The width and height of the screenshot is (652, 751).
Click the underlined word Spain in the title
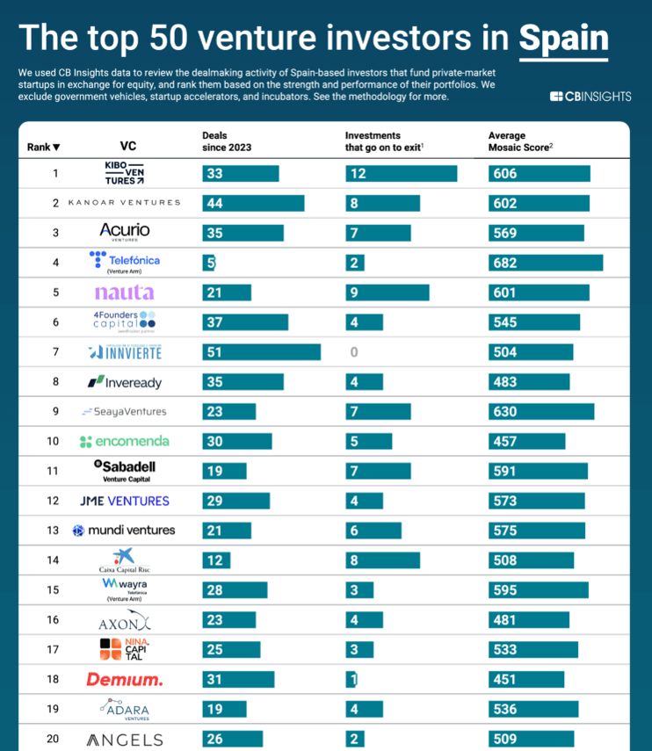click(563, 38)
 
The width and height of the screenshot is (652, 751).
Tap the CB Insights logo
click(590, 96)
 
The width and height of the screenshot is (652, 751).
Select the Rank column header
click(44, 147)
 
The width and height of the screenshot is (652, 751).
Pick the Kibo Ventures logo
click(124, 173)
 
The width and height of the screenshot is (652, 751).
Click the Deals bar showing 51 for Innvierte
click(261, 352)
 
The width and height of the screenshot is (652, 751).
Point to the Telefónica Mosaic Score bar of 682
click(546, 263)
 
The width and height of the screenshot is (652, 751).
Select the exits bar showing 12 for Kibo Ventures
click(402, 173)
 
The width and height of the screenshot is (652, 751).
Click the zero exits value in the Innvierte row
click(353, 352)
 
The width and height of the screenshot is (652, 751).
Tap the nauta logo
click(124, 292)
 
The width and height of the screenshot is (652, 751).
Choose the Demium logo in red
click(124, 679)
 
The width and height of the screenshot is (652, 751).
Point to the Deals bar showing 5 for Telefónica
click(209, 263)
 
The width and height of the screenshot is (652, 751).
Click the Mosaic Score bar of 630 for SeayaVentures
click(541, 411)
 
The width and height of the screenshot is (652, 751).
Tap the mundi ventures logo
click(124, 531)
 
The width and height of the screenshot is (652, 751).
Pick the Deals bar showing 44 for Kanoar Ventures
click(253, 203)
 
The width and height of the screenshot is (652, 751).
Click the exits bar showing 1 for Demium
click(352, 679)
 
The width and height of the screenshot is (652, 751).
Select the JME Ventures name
click(124, 501)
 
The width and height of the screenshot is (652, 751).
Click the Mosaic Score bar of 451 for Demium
click(526, 679)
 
